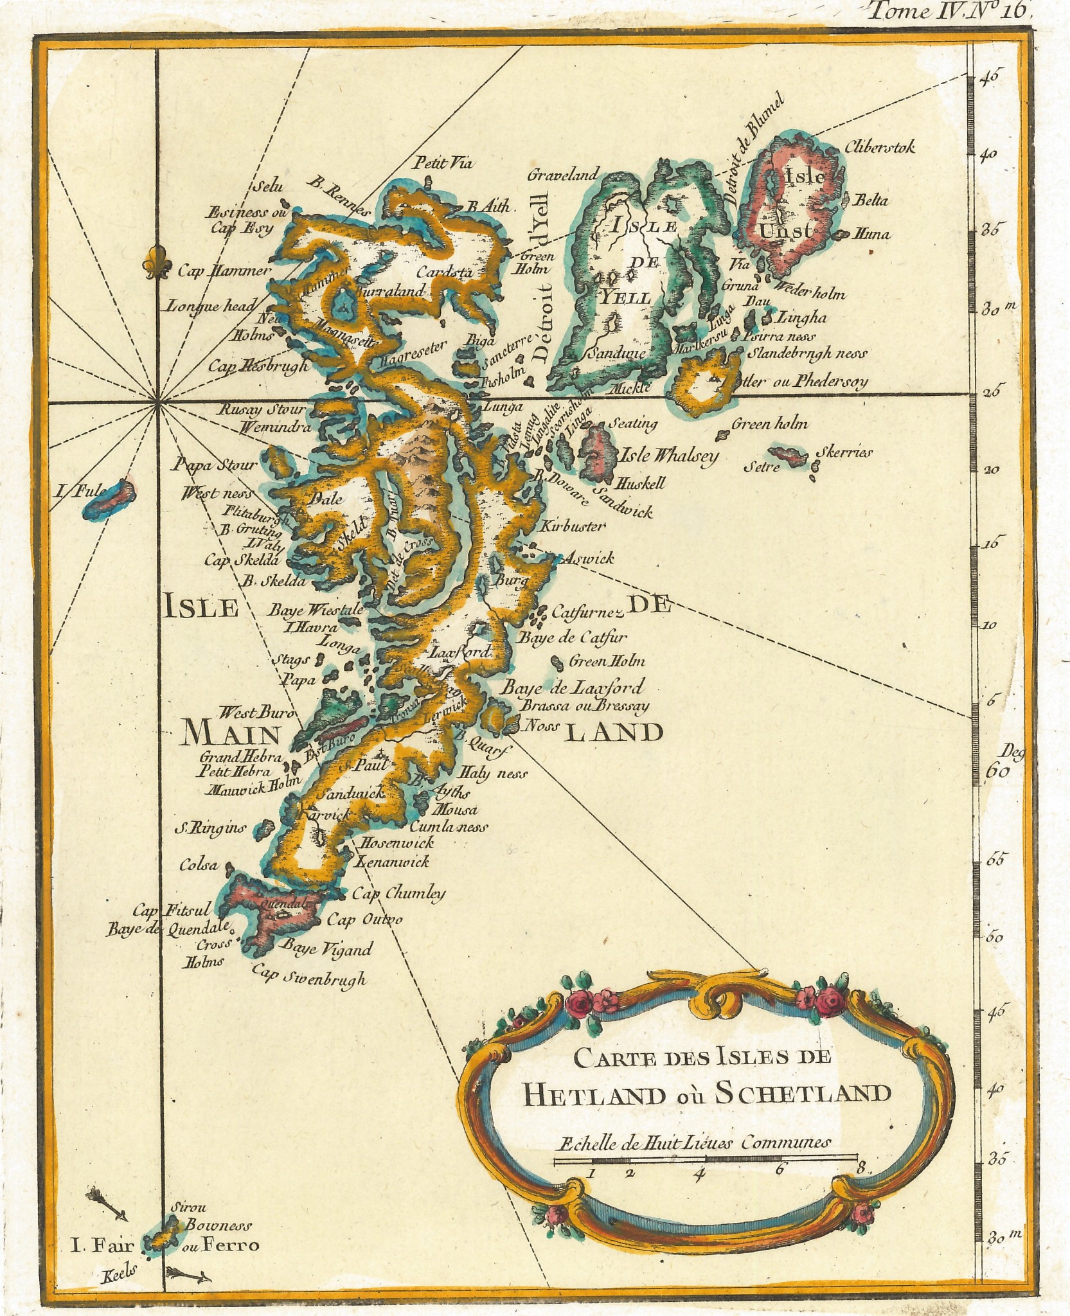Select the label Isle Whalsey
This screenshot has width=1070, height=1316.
668,456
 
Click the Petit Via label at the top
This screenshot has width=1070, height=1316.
443,163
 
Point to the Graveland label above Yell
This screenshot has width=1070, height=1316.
563,173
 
